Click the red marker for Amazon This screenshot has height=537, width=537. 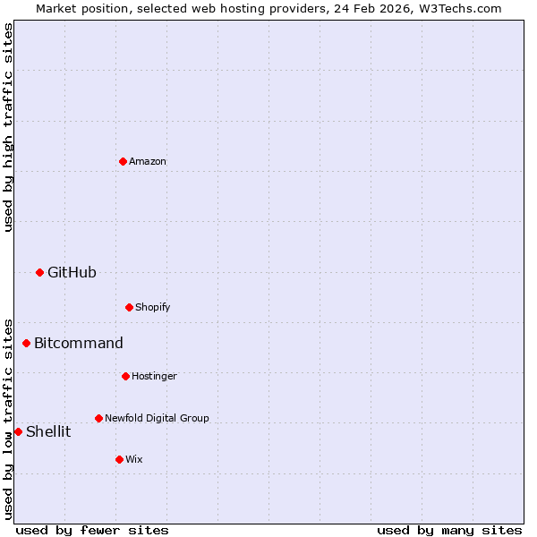123,161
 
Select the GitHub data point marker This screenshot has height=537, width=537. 39,272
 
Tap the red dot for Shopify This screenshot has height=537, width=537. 129,307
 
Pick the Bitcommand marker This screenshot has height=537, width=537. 26,343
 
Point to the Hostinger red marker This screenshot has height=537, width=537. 125,376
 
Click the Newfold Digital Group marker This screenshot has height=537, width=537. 98,418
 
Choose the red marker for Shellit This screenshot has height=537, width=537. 18,431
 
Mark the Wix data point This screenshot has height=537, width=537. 119,459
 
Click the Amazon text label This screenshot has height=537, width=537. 148,161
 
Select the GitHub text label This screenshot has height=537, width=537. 72,272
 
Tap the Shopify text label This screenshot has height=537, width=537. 152,307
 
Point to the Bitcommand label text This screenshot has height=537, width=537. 79,343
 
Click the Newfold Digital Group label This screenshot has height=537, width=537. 157,418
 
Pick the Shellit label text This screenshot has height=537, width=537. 48,431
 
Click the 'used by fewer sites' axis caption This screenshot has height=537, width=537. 92,530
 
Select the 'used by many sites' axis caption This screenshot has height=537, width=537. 449,530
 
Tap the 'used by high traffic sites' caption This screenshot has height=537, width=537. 8,127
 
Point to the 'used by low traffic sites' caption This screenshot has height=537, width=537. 8,419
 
